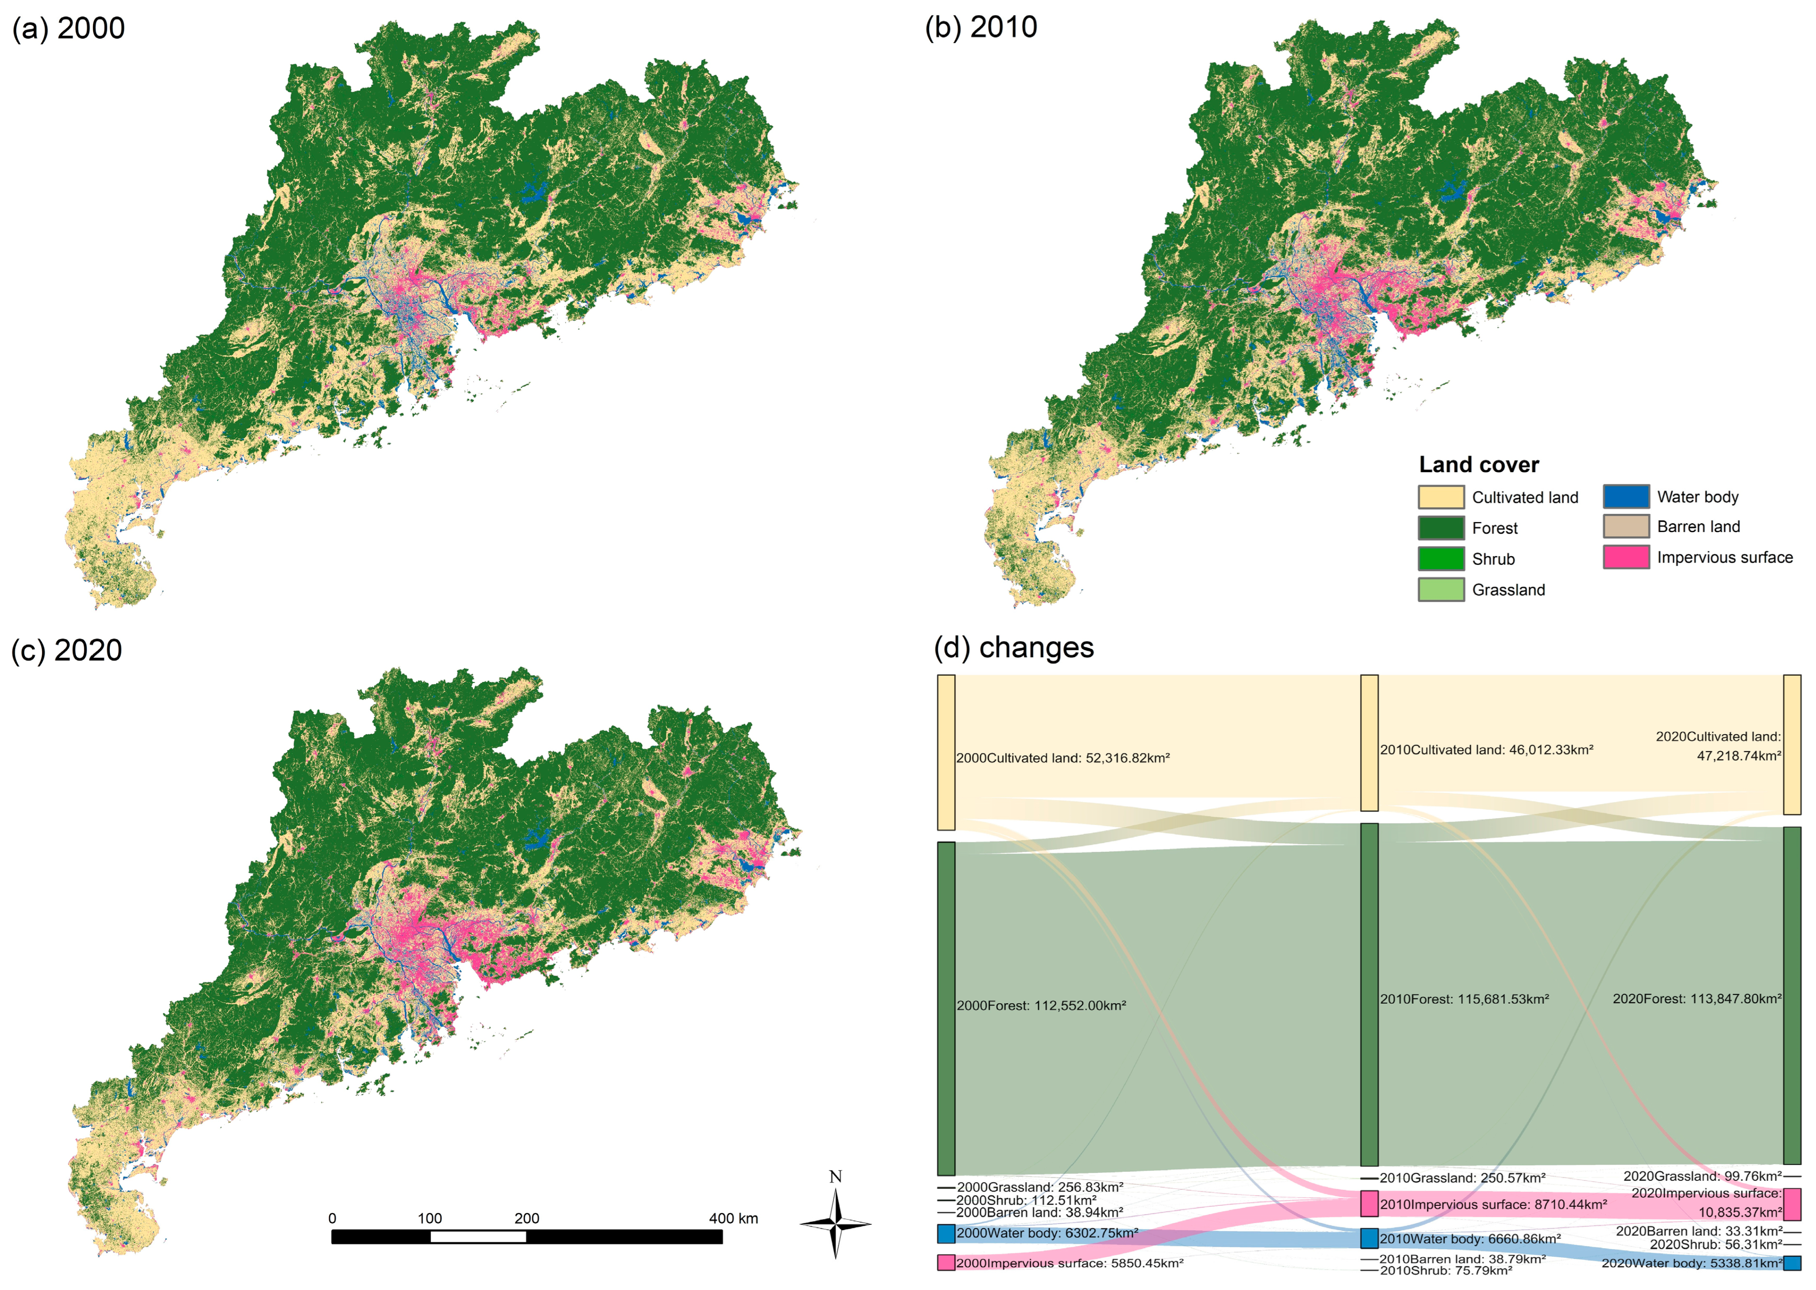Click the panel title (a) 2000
68,28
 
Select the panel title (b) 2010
981,27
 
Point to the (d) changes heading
1014,647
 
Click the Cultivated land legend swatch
1440,497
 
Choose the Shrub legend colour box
1440,558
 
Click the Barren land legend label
1698,527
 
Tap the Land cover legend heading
1479,465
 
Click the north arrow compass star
835,1224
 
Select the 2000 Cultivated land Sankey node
945,752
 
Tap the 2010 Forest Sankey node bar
1369,995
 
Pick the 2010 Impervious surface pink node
1369,1204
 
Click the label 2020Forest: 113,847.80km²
1697,999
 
